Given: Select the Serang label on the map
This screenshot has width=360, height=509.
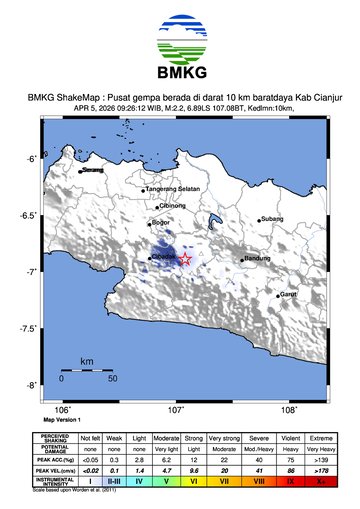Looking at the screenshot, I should coord(93,171).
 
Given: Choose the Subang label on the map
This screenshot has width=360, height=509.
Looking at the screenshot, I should coord(273,219).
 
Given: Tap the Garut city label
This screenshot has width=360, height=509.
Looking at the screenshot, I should coord(288,294).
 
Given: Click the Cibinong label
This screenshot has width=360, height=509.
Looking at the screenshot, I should coord(187,205).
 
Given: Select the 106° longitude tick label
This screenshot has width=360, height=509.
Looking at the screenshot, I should coord(61,409).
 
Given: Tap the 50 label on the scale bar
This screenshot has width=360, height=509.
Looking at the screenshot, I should coord(112,378).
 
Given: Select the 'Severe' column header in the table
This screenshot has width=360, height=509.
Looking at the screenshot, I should coord(259,439).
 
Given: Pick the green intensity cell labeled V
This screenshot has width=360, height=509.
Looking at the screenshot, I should coord(167,481).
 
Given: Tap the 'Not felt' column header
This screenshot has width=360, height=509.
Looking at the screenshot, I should coord(91,439).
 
